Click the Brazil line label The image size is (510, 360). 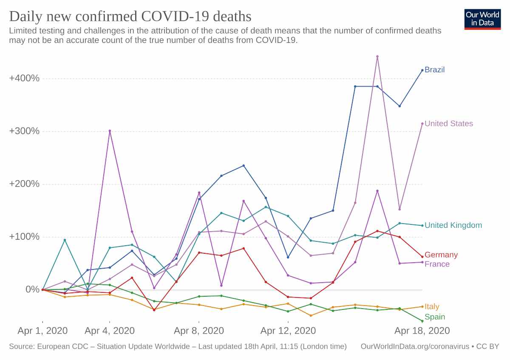pos(434,70)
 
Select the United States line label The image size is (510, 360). pos(448,124)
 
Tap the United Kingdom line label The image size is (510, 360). pos(453,225)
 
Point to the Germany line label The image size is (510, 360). pos(441,255)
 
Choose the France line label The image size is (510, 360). pos(437,264)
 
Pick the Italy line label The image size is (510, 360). pos(432,306)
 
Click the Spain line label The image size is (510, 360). pos(435,317)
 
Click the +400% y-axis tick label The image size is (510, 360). pos(24,78)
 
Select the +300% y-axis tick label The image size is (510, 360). pos(24,131)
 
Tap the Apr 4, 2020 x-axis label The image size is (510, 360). pos(110,331)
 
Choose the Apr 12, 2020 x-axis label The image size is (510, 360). pos(288,331)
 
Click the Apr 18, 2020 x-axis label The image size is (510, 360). pos(422,331)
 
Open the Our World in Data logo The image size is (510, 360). pos(482,19)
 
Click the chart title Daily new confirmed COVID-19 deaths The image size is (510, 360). pos(130,16)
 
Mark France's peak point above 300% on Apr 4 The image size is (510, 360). pos(110,131)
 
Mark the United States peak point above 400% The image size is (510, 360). pos(377,56)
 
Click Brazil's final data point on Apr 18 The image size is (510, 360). pos(422,70)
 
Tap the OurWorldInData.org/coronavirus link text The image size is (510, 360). pos(414,346)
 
